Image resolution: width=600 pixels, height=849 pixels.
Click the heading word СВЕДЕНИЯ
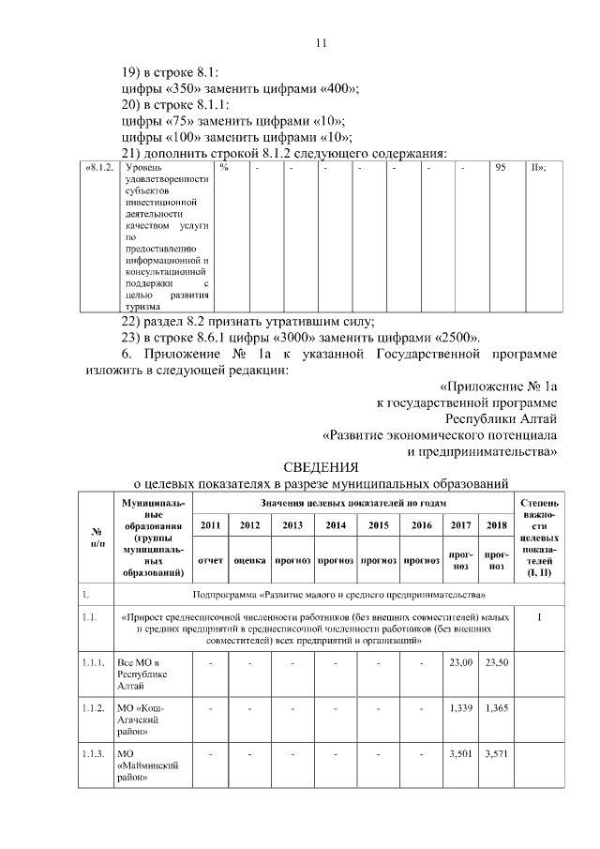(321, 466)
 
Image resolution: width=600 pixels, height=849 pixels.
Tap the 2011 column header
(212, 525)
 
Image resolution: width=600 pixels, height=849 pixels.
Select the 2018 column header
(497, 525)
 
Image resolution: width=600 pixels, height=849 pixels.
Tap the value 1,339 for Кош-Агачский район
(461, 706)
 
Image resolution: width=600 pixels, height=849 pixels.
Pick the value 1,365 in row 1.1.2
(497, 706)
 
